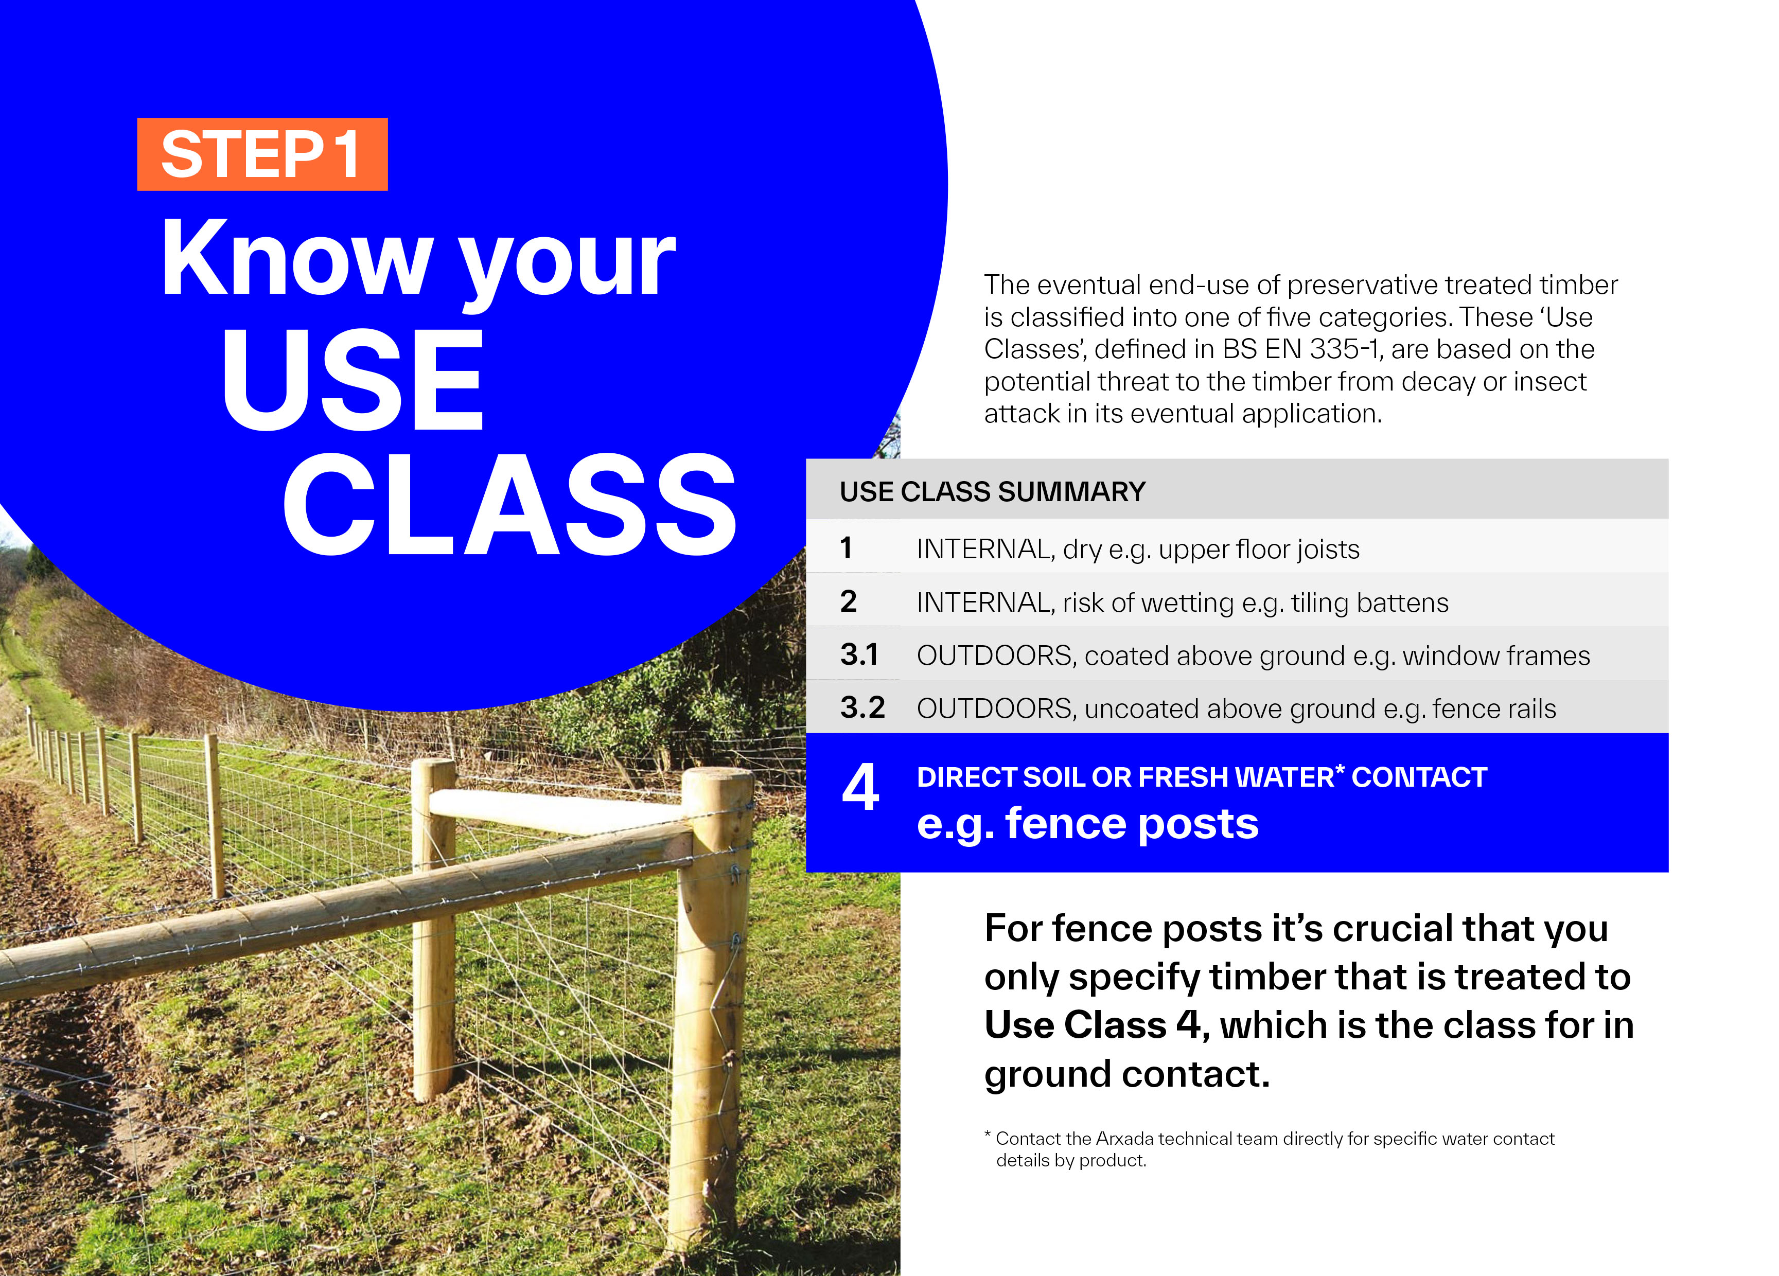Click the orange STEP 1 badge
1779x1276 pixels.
[262, 154]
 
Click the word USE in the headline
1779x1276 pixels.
[353, 379]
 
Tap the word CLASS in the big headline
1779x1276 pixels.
[510, 504]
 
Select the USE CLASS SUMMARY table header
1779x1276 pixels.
[992, 492]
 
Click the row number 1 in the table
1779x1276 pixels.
[846, 547]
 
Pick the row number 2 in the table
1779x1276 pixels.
[848, 601]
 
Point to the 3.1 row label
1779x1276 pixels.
[859, 655]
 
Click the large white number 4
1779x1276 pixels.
[860, 787]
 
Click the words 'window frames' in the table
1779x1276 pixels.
[1496, 655]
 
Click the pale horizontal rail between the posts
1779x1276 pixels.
[557, 810]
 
